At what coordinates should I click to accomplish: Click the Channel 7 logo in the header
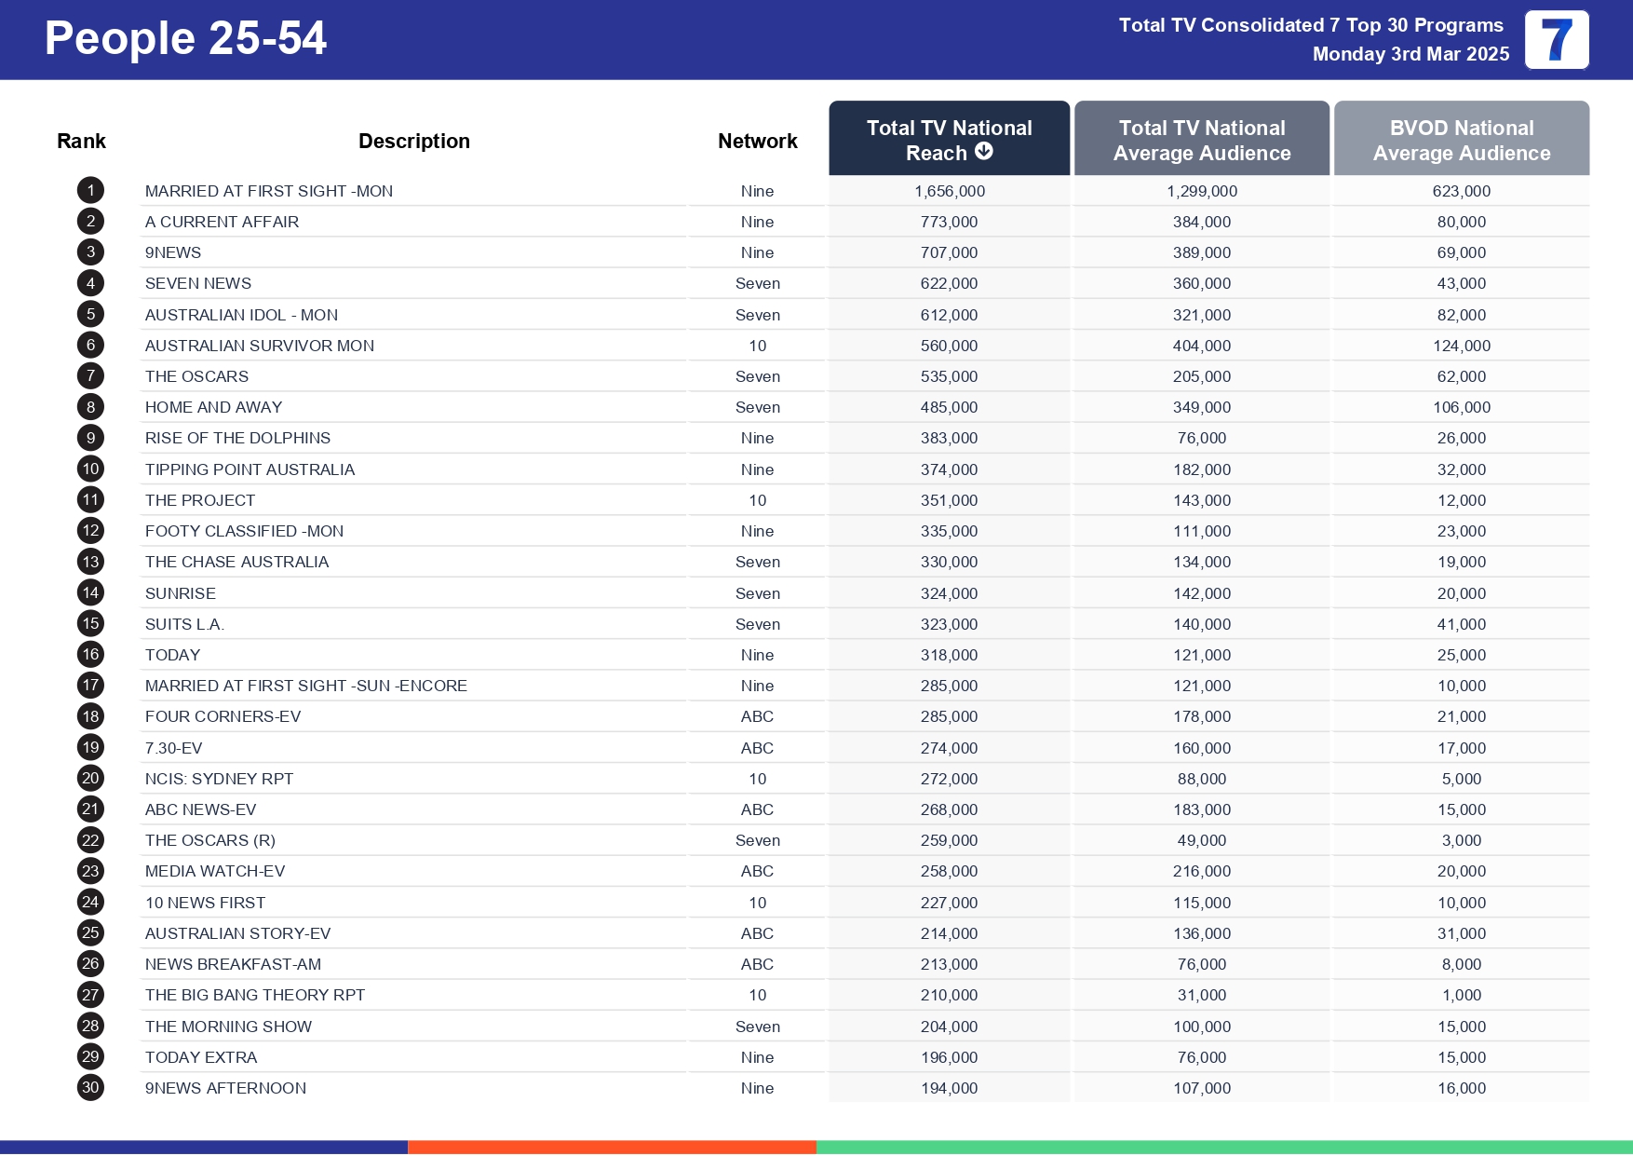(1556, 40)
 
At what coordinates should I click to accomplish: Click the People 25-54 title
(185, 39)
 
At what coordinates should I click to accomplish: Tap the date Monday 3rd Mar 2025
(1410, 54)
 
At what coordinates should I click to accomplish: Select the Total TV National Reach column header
(949, 139)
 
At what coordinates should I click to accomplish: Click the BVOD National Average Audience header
(1461, 140)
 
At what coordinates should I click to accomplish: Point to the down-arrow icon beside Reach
(984, 151)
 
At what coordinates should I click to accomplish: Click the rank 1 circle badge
(90, 191)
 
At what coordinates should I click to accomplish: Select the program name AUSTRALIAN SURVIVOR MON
(259, 346)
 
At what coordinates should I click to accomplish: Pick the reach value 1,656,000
(949, 191)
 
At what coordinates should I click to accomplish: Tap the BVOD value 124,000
(1461, 346)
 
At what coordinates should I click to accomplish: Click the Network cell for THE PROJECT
(757, 500)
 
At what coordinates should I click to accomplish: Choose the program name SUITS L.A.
(184, 624)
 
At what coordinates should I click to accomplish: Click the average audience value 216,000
(1201, 871)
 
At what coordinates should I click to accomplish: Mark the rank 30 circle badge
(90, 1087)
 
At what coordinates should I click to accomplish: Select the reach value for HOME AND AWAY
(949, 407)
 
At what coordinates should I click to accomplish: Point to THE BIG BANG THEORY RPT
(254, 995)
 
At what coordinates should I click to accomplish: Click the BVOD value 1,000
(1461, 995)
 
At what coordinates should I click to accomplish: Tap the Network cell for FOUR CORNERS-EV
(757, 716)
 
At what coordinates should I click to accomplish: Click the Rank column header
(81, 141)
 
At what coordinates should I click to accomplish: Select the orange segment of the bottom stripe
(612, 1147)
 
